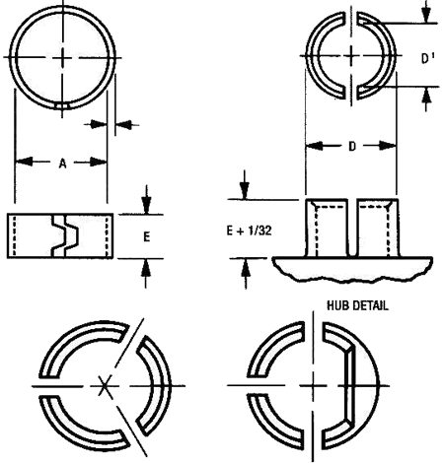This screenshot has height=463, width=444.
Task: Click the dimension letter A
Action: click(60, 165)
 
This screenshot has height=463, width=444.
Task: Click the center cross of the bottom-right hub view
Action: click(315, 384)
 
